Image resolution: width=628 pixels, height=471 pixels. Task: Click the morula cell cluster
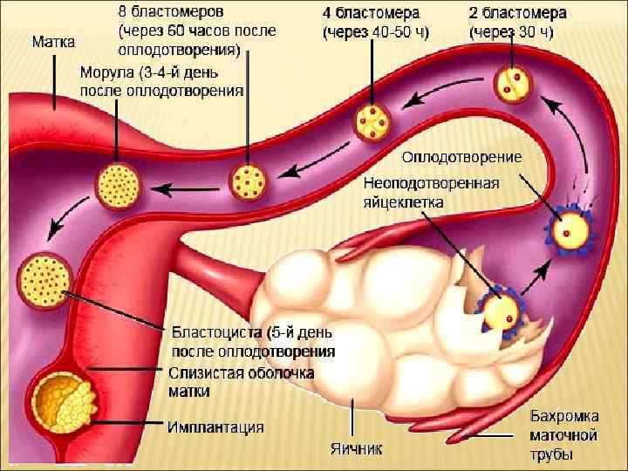click(x=116, y=185)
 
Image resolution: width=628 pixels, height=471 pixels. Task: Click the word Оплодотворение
click(x=461, y=158)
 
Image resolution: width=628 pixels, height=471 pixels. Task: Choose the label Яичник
click(x=356, y=449)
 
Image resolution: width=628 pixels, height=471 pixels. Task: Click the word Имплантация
click(x=216, y=427)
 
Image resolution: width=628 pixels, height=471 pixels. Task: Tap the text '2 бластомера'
click(x=517, y=13)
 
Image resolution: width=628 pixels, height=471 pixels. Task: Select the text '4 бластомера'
click(x=371, y=13)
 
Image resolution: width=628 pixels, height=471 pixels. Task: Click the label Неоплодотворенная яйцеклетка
click(x=431, y=192)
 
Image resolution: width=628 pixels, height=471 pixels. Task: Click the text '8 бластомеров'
click(x=170, y=12)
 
